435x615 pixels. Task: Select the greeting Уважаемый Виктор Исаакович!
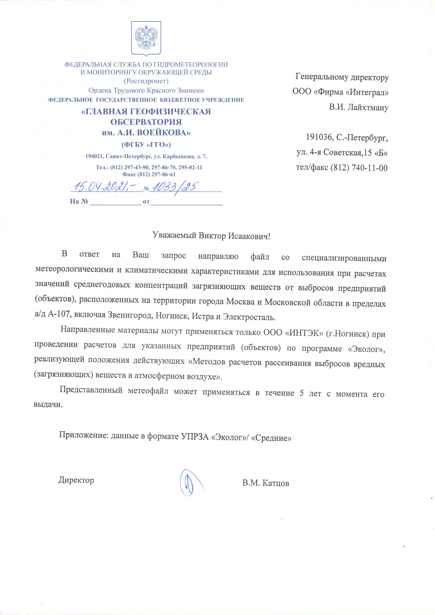211,236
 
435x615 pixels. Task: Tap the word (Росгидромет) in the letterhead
146,81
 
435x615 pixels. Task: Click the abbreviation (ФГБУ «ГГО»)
146,145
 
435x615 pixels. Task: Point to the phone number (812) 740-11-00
359,168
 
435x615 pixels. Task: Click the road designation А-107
59,314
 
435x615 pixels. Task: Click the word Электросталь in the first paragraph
249,317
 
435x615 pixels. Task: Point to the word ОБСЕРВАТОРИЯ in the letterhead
146,122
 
